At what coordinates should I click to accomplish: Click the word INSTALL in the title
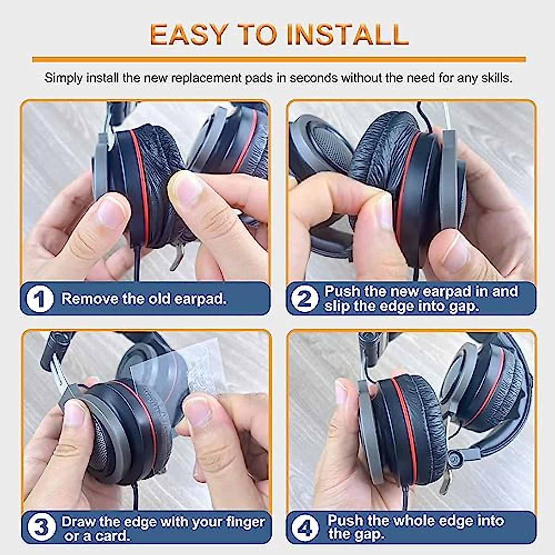point(347,35)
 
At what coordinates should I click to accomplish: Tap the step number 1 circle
point(40,299)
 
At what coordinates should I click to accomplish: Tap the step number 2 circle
point(304,299)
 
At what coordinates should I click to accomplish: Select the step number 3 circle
point(41,527)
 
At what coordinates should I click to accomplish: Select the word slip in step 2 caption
point(336,306)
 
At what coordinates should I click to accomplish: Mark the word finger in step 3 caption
point(245,522)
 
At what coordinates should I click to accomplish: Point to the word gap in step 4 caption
point(370,535)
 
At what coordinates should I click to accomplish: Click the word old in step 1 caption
point(160,299)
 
